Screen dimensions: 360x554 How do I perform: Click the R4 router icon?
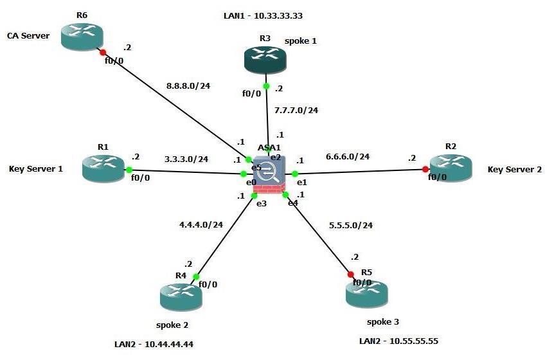coord(181,296)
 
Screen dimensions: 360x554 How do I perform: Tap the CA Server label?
coord(28,36)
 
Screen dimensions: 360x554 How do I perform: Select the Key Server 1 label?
coord(36,169)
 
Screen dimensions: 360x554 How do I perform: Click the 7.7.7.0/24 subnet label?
coord(296,110)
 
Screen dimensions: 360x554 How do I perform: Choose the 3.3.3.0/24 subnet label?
coord(186,159)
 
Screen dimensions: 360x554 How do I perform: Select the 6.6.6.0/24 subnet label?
coord(348,156)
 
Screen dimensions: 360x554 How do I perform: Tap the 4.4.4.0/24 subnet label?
coord(201,224)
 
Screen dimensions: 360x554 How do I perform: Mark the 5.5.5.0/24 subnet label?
coord(351,225)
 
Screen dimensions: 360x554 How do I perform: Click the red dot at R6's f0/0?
coord(102,51)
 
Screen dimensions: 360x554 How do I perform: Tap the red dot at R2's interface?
coord(425,170)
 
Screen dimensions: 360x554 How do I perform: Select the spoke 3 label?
coord(383,321)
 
